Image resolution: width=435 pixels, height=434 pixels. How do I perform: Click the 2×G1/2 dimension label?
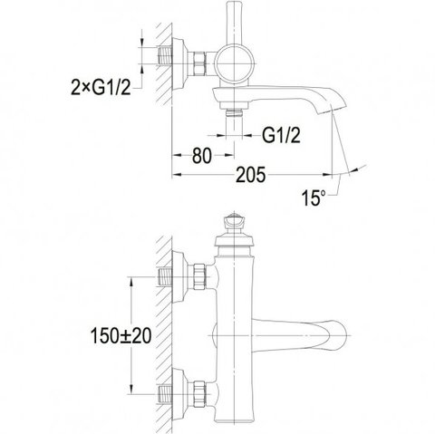click(x=101, y=88)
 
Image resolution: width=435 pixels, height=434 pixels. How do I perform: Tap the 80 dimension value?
click(x=202, y=156)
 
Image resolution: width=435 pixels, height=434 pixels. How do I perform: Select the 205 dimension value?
click(x=250, y=175)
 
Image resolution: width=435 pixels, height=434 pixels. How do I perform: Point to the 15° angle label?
click(x=314, y=198)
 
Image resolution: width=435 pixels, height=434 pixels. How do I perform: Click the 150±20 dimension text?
click(x=121, y=336)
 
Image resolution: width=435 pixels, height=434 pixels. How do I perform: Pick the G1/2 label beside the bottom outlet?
click(x=281, y=135)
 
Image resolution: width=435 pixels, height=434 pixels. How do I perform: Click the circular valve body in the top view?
click(x=234, y=63)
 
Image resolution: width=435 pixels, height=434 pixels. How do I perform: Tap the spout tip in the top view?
click(x=332, y=109)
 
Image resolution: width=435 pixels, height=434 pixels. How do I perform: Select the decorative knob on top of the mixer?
click(x=234, y=222)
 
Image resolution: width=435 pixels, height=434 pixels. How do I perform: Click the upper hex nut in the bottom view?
click(x=199, y=276)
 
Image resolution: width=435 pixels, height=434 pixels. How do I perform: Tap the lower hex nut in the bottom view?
click(x=199, y=394)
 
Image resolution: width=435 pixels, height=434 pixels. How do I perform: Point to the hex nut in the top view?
click(x=199, y=63)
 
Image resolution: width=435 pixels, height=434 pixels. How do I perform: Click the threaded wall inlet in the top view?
click(x=165, y=55)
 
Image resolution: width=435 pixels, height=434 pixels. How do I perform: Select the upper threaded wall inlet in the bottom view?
click(x=165, y=276)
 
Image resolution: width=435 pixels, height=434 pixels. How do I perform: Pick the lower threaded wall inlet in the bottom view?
click(x=165, y=394)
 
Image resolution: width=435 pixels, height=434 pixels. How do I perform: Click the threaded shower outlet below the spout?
click(x=235, y=112)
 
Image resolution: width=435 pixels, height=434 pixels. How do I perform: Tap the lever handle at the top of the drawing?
click(x=234, y=23)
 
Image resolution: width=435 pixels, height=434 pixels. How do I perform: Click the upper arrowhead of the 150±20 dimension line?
click(x=131, y=283)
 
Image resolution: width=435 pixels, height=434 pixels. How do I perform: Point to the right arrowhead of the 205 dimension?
click(x=326, y=175)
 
